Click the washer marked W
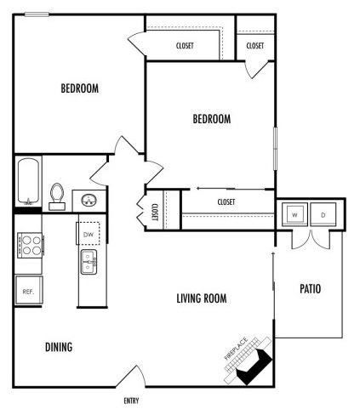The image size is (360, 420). (294, 215)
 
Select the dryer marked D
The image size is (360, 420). (324, 215)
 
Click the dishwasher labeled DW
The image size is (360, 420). (89, 233)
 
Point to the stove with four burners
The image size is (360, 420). (30, 245)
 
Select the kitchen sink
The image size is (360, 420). (88, 263)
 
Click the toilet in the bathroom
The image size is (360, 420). (57, 196)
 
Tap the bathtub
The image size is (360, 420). (28, 181)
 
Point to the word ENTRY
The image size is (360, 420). (130, 400)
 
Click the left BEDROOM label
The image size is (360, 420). (80, 88)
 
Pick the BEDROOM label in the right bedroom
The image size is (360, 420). (212, 119)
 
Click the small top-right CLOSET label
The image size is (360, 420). (254, 46)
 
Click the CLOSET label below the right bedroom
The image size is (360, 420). (226, 201)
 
